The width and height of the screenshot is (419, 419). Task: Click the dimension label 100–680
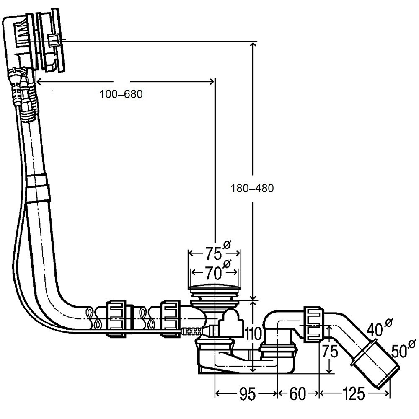click(121, 94)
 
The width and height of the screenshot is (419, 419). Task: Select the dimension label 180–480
click(252, 189)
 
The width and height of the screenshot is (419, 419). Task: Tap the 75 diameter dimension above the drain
click(214, 253)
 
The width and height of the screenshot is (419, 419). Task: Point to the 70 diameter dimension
click(214, 273)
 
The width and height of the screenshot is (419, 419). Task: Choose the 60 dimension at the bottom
click(297, 394)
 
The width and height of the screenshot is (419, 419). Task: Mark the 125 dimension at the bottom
click(354, 394)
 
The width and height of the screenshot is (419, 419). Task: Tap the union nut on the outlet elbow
click(314, 324)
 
